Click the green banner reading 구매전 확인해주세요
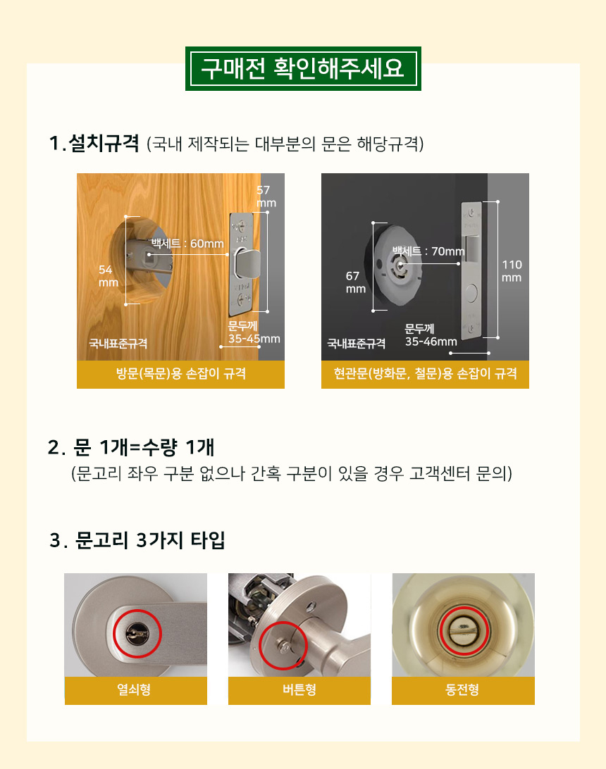click(303, 69)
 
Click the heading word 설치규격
click(104, 144)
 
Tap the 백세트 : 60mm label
click(187, 243)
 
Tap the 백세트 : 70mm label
click(428, 251)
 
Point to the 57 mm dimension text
click(266, 196)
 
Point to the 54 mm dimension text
click(108, 276)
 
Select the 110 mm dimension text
click(512, 270)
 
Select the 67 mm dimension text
click(355, 282)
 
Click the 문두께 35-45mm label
click(254, 332)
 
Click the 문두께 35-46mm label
click(431, 335)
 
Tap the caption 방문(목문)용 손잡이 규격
click(180, 374)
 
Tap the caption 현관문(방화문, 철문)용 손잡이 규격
click(425, 374)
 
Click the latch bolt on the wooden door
click(247, 262)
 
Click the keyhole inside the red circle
click(137, 634)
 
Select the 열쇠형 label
click(134, 689)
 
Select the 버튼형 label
click(299, 689)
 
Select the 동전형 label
click(462, 689)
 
